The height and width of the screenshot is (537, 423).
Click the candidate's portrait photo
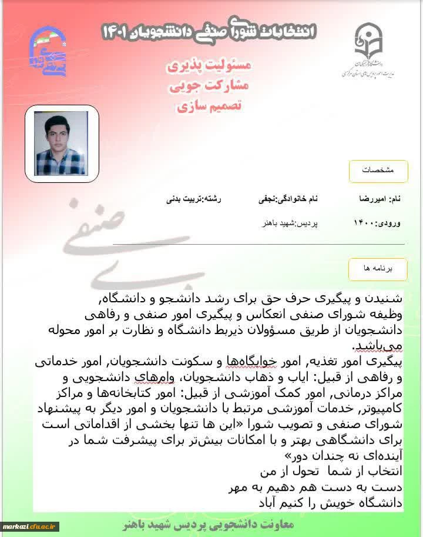(61, 144)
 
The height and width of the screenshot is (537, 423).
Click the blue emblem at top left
(48, 52)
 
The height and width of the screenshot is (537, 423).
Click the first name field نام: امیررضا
(380, 199)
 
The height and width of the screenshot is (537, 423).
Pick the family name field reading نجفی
(288, 199)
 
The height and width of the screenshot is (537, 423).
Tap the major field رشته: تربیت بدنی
(194, 199)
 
